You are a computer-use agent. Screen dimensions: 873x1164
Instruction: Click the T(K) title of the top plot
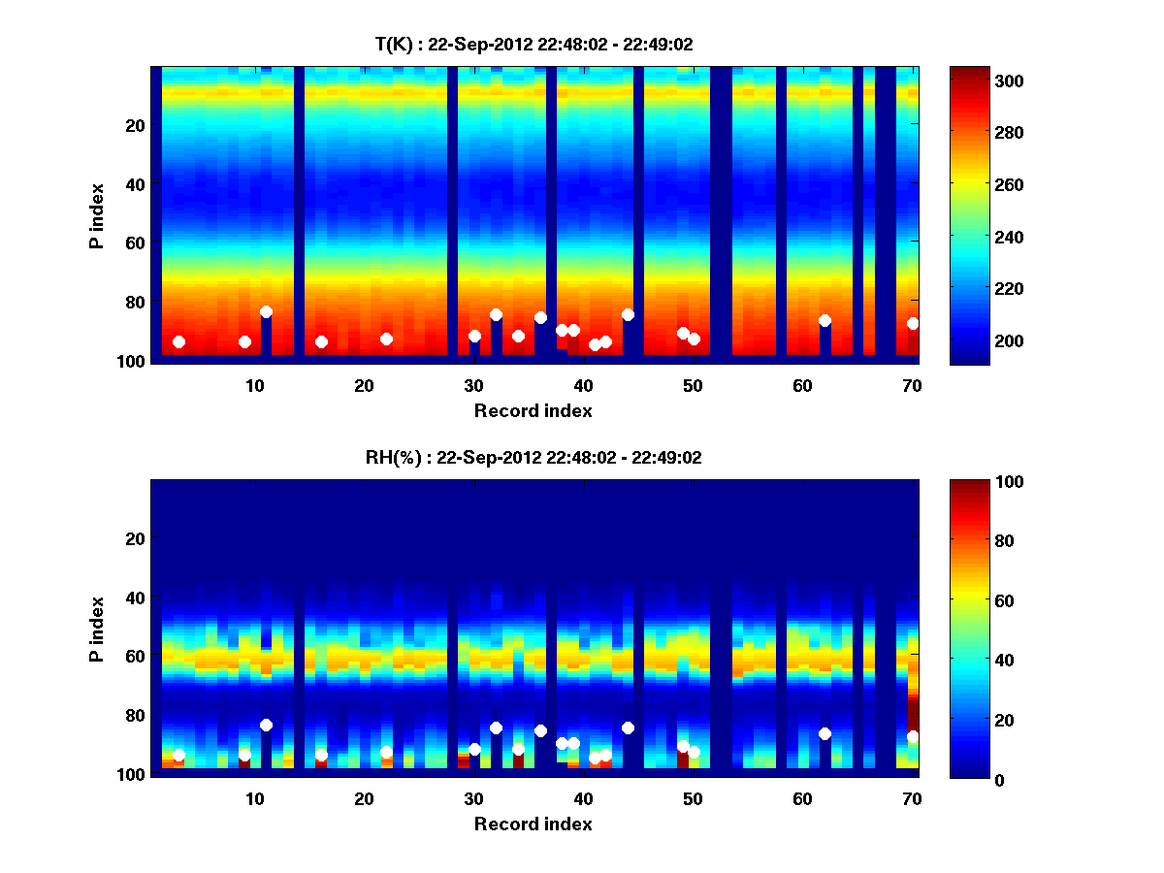[x=533, y=44]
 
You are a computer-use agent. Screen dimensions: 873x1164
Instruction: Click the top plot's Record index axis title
[x=533, y=410]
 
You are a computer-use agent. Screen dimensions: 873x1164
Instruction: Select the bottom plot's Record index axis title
[x=533, y=824]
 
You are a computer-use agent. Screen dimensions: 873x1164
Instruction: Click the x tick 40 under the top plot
[x=583, y=385]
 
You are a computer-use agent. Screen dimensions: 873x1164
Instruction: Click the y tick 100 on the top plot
[x=133, y=361]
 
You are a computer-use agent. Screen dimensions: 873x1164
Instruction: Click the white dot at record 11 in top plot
[x=266, y=312]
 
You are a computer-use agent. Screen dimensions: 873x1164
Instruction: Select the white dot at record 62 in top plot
[x=824, y=320]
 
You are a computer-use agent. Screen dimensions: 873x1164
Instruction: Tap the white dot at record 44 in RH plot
[x=628, y=727]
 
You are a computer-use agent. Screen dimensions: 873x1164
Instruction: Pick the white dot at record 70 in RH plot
[x=913, y=737]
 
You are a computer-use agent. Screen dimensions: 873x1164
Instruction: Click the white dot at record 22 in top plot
[x=386, y=339]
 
